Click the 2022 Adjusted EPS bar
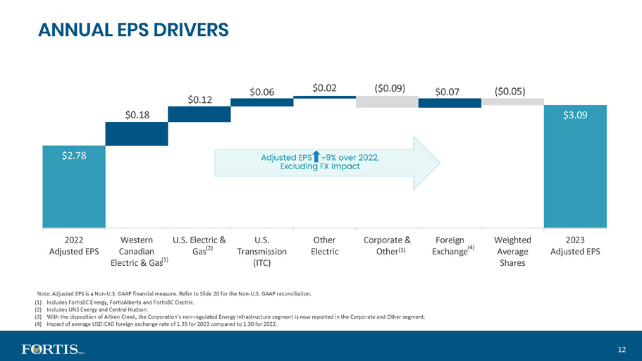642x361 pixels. [74, 186]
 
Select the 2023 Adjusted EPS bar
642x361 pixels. [575, 166]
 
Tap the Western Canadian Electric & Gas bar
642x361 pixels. [136, 133]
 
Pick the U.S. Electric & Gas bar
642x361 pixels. [199, 114]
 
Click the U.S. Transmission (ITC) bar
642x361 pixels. [261, 102]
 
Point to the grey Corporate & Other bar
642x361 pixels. [387, 102]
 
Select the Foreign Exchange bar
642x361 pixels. [450, 103]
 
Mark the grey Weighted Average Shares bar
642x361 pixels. [512, 102]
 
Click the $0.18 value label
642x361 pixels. [137, 115]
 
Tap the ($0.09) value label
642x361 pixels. [390, 88]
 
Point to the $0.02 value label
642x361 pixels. [324, 88]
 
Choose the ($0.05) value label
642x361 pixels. [510, 91]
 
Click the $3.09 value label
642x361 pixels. [575, 115]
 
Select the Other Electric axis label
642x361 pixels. [324, 246]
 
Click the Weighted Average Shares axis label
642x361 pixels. [512, 251]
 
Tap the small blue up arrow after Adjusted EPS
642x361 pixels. [316, 156]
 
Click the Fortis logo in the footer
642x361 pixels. [53, 349]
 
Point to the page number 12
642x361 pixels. [622, 350]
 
